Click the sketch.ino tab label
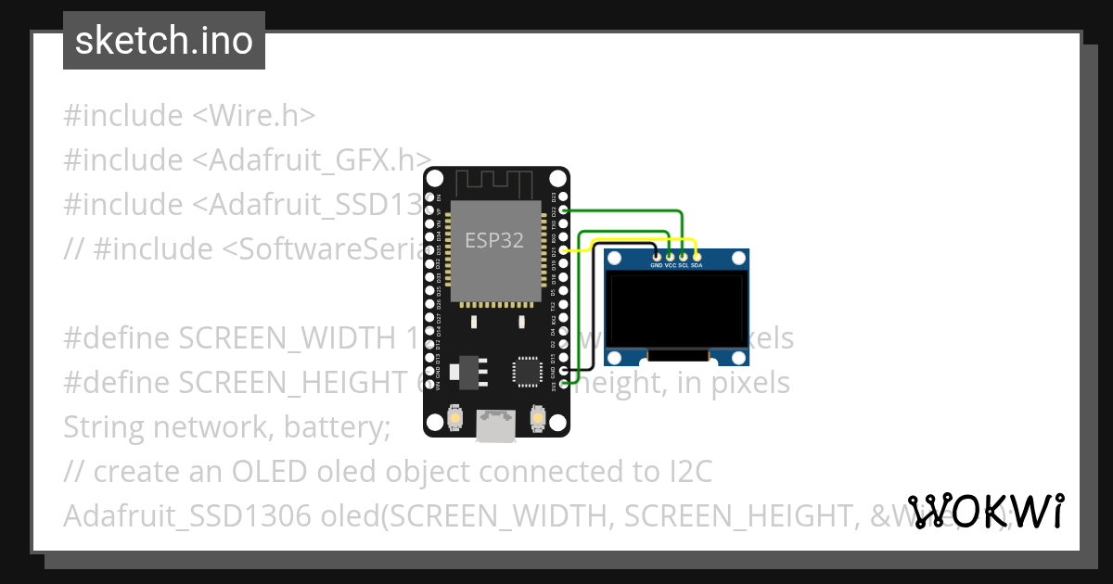(163, 41)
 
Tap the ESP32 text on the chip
(494, 241)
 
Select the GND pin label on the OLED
(657, 265)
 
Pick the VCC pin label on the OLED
(671, 265)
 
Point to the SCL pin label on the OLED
(684, 265)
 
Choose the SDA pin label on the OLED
(697, 265)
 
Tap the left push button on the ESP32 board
(455, 419)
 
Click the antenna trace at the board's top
(495, 182)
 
